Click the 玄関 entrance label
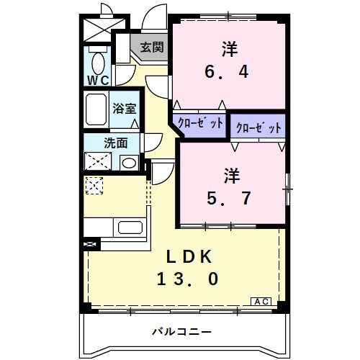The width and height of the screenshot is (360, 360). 151,48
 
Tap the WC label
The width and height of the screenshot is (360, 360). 99,80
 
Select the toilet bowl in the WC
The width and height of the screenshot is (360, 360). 97,59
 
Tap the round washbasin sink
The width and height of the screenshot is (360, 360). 129,162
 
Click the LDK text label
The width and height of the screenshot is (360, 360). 189,255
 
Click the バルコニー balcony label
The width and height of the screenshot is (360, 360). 181,332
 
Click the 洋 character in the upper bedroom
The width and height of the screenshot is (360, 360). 230,49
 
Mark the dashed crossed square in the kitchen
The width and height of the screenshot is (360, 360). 94,186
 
